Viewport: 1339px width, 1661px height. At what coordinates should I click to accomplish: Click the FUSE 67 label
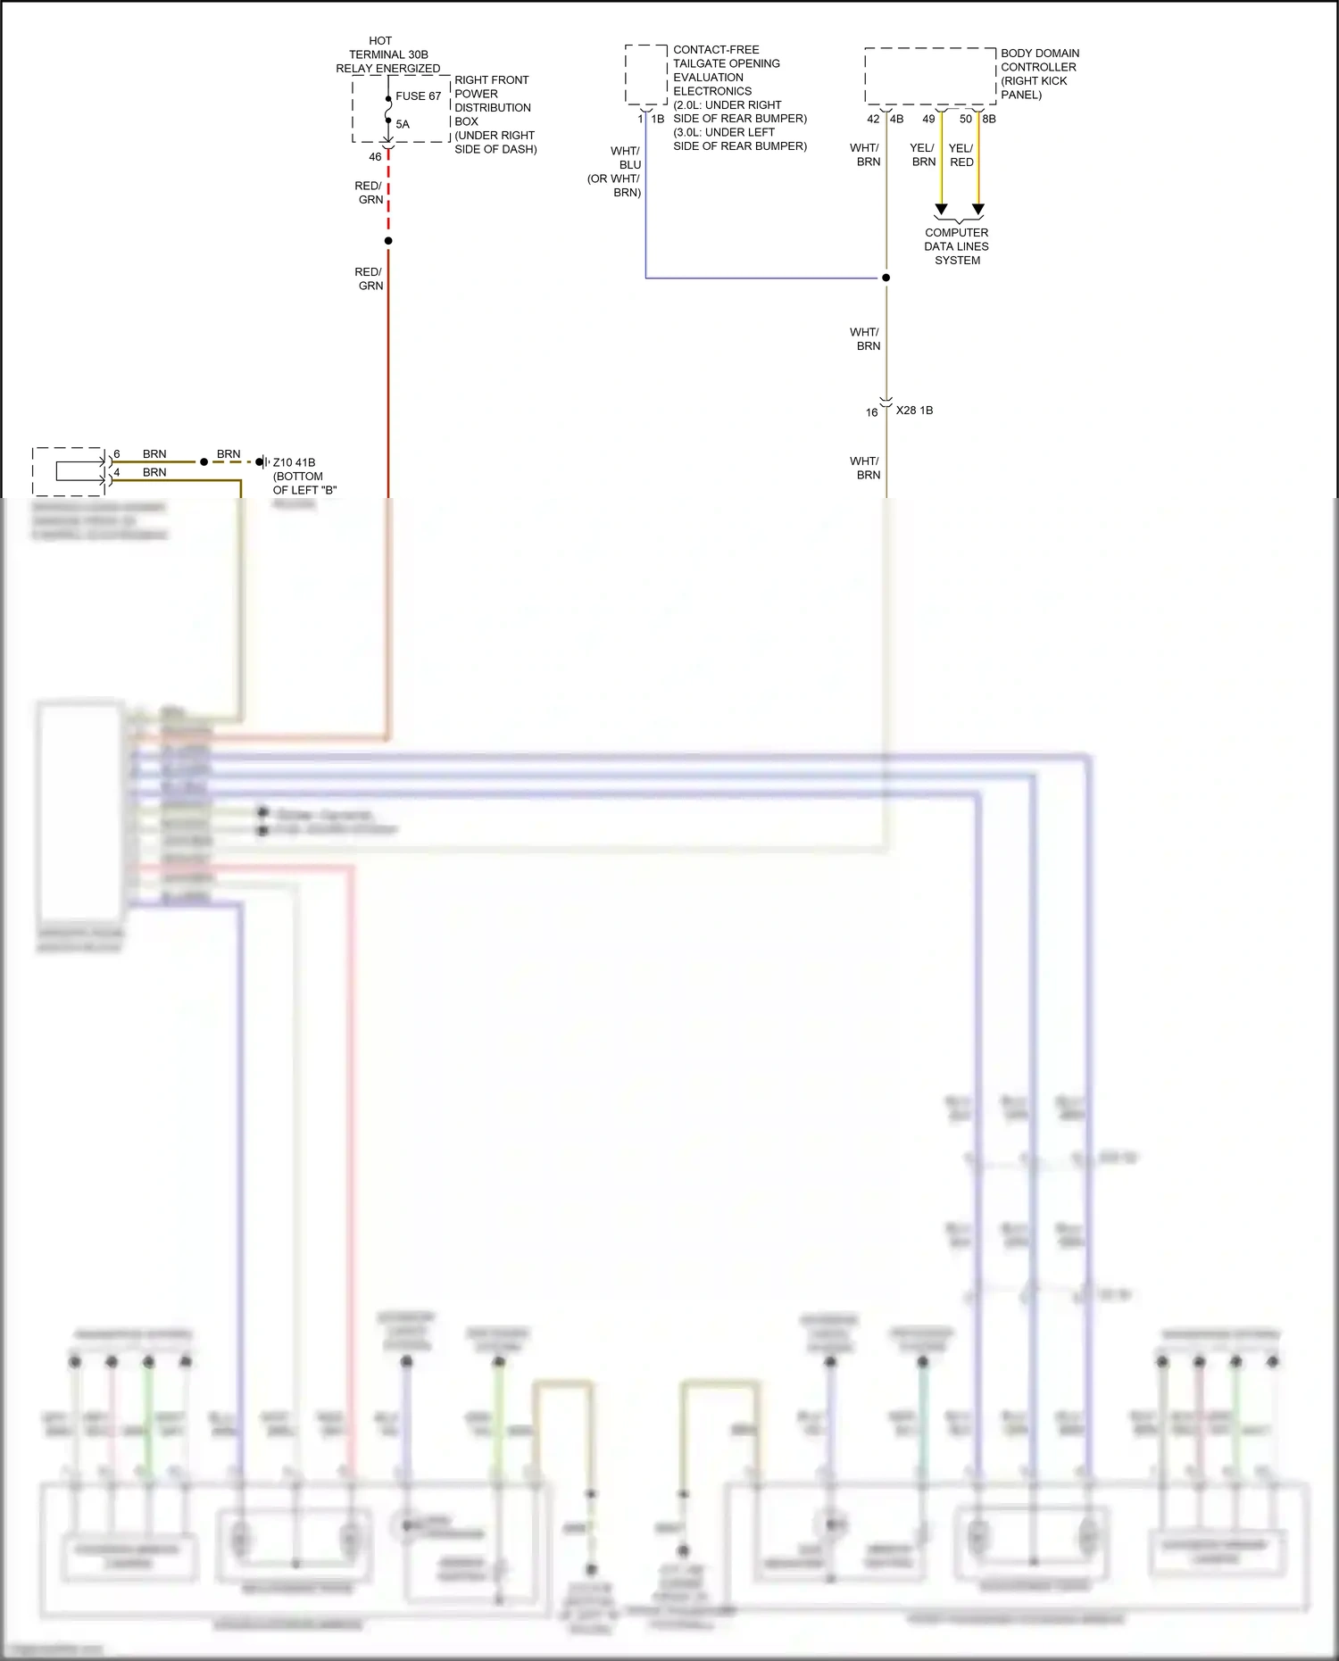418,96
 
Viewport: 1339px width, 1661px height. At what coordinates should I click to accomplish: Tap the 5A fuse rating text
403,125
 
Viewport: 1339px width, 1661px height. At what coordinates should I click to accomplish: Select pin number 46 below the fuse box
375,157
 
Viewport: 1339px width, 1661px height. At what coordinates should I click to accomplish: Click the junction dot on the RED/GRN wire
388,241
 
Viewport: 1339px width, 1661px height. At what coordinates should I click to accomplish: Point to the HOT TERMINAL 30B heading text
387,54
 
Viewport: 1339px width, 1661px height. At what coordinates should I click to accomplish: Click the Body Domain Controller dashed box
930,77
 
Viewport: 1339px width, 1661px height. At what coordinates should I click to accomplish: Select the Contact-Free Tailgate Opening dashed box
646,75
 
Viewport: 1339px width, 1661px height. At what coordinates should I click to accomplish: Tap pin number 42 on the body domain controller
873,119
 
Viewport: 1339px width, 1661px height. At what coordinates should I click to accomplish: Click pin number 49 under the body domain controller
928,119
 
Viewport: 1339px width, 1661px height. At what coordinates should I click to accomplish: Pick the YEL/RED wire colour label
961,155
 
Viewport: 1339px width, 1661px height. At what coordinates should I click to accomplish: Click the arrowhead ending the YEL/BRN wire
941,210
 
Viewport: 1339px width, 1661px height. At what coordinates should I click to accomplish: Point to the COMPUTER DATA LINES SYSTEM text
957,246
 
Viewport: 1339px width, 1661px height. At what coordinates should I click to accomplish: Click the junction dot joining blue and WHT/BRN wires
886,278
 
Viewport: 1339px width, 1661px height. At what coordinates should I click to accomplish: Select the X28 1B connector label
914,411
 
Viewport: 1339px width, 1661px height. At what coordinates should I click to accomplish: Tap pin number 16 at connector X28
871,412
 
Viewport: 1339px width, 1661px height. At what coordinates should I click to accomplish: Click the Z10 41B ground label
294,462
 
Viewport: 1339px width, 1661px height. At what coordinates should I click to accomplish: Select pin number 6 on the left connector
117,454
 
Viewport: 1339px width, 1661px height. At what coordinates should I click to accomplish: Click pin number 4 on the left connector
117,472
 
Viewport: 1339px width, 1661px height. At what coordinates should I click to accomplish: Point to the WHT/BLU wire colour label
627,158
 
